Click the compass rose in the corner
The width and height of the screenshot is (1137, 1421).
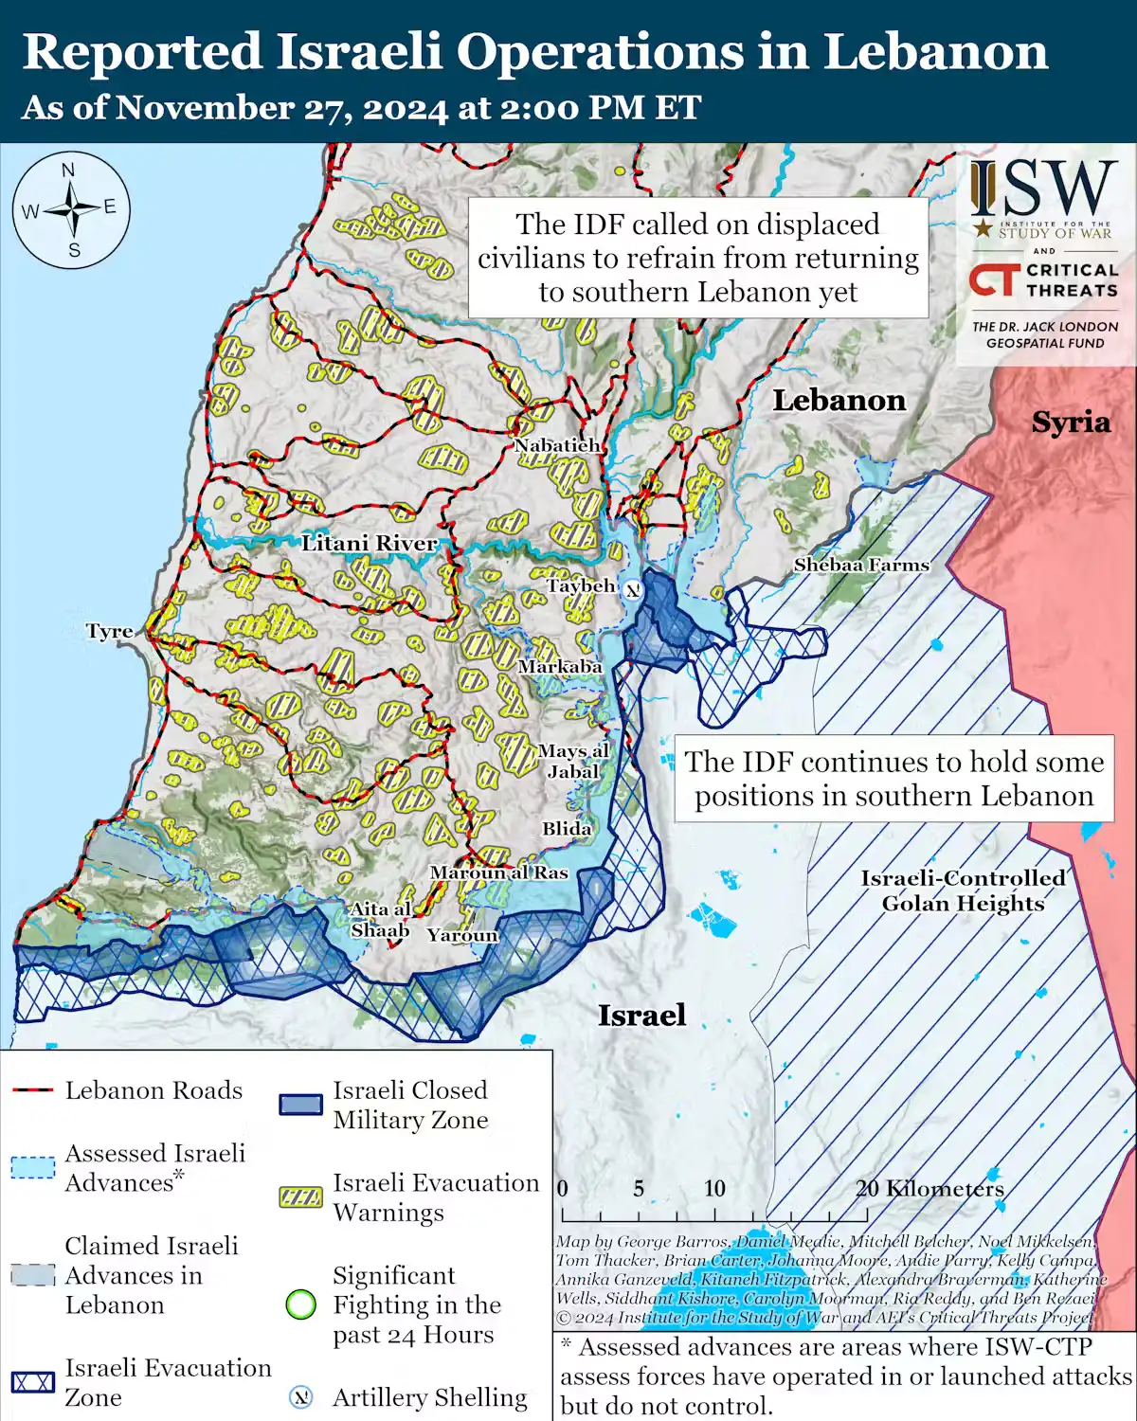tap(71, 209)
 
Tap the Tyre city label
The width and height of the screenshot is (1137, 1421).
tap(109, 632)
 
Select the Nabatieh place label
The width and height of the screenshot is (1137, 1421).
tap(557, 445)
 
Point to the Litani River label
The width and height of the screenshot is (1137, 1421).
tap(370, 544)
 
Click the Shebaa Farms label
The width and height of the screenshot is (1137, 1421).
tap(861, 565)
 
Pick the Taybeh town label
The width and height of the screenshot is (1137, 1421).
tap(581, 586)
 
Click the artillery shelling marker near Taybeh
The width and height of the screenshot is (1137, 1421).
tap(632, 589)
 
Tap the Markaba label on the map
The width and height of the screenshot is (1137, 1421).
tap(560, 667)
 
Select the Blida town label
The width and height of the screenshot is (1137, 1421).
tap(567, 829)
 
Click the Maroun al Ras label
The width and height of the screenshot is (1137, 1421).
tap(498, 872)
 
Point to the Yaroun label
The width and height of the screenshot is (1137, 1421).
tap(461, 935)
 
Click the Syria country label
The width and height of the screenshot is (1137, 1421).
tap(1071, 423)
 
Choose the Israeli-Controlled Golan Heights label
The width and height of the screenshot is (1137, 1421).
tap(963, 890)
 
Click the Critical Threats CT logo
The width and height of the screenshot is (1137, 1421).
tap(994, 280)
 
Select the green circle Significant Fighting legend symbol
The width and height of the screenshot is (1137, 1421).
tap(300, 1304)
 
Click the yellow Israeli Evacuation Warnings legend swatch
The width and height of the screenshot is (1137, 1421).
tap(300, 1197)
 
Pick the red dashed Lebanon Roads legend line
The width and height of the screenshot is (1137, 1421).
tap(32, 1091)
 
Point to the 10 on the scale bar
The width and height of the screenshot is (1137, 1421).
tap(714, 1189)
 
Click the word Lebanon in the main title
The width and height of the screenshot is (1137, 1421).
tap(935, 52)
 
